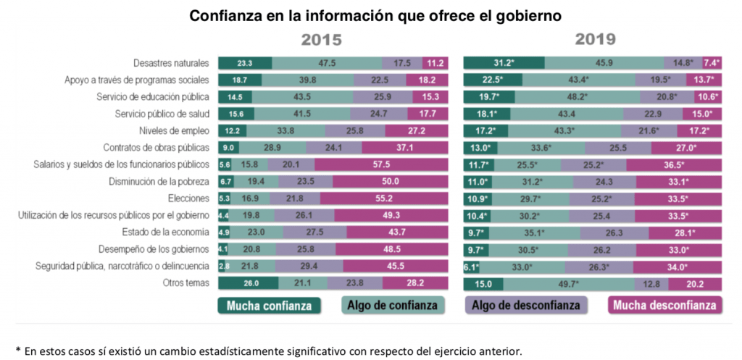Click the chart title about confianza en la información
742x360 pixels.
tap(376, 15)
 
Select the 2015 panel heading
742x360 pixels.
tap(322, 40)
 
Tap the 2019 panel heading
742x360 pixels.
tap(596, 40)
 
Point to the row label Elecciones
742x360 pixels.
tap(190, 198)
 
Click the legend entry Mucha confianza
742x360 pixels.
tap(269, 305)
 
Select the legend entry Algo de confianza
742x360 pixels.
tap(392, 305)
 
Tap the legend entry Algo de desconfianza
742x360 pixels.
tap(526, 305)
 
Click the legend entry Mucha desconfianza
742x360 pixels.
tap(664, 305)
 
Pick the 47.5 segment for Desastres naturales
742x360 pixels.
tap(327, 63)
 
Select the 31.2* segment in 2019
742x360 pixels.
tap(504, 63)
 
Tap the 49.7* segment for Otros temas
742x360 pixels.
tap(561, 283)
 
